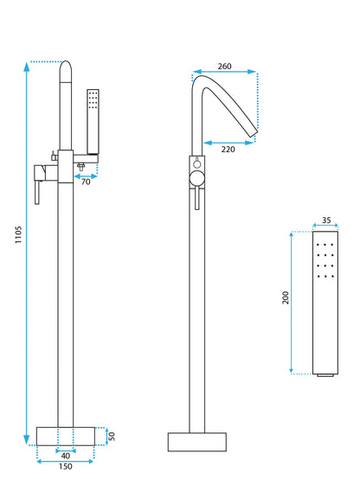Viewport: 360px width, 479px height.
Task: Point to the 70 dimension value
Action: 86,181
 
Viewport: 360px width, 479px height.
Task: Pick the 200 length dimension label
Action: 286,298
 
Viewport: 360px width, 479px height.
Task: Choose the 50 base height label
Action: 112,436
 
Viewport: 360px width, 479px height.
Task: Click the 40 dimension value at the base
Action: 65,456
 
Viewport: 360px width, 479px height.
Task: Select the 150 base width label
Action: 65,468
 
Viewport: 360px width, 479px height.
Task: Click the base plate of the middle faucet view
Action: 196,442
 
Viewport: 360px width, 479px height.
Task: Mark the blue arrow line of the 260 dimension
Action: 224,73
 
